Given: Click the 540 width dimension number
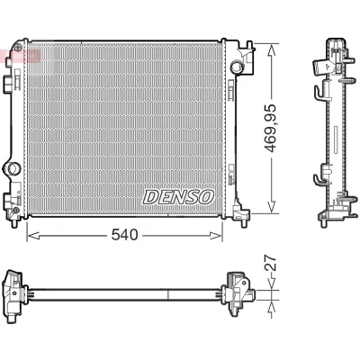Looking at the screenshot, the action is [124, 235].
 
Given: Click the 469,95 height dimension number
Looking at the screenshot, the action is [270, 128].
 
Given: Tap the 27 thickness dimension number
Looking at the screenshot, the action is [270, 263].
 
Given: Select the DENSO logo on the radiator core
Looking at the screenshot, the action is [178, 197].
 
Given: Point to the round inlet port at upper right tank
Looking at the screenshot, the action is [236, 67].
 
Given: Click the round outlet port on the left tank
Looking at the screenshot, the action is [13, 168].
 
